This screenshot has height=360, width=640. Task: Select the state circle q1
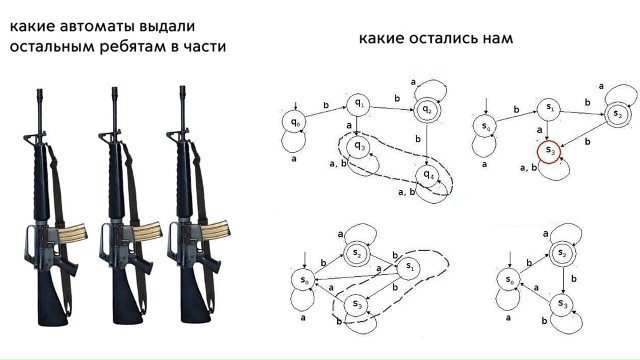pos(358,105)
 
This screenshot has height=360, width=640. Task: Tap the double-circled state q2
pos(427,109)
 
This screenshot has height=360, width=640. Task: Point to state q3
pos(359,146)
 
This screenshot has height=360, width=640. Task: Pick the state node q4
pos(428,176)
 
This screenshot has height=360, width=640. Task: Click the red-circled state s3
pos(549,152)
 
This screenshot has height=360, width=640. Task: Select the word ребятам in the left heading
pos(131,47)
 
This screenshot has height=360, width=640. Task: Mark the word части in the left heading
pos(204,47)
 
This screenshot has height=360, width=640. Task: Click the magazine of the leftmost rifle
pos(72,233)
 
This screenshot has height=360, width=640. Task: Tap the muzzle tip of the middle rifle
pos(115,90)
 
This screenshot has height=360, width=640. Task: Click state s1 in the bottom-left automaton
pos(409,268)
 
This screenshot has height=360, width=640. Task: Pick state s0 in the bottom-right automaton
pos(509,280)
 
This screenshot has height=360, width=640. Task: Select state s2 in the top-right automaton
pos(618,115)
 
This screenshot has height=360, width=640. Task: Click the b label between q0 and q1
pos(326,105)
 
